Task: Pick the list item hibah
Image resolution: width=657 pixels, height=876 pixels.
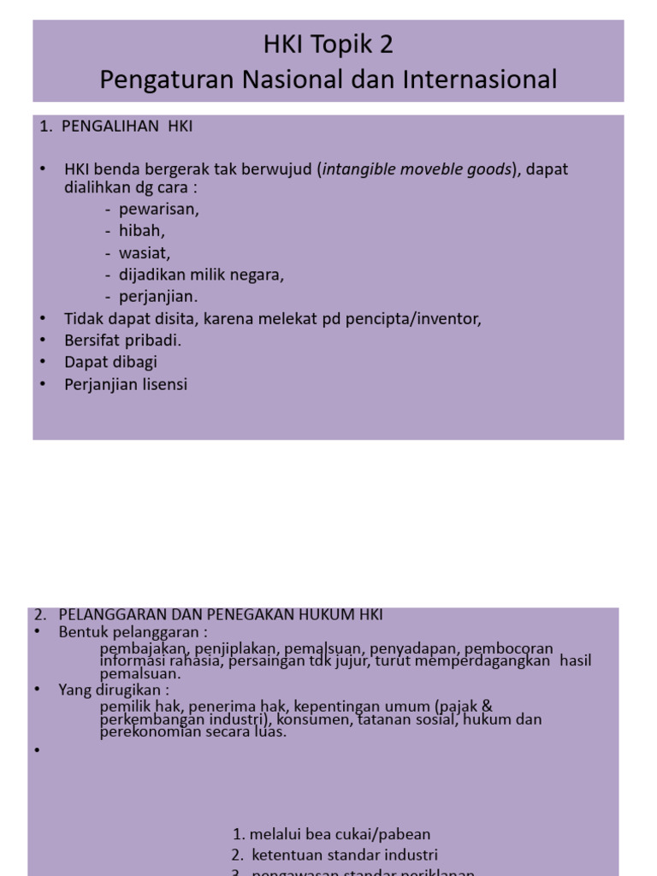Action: pos(143,231)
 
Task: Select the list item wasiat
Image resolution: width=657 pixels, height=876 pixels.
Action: pos(145,253)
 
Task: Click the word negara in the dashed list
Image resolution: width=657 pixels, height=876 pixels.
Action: pos(256,275)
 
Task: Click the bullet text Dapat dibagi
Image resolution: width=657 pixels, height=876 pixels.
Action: pos(110,362)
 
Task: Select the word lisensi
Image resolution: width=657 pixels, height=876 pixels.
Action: pos(161,384)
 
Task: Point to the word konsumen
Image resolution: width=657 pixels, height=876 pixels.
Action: pos(312,720)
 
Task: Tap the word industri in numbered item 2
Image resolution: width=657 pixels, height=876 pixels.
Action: pos(410,855)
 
